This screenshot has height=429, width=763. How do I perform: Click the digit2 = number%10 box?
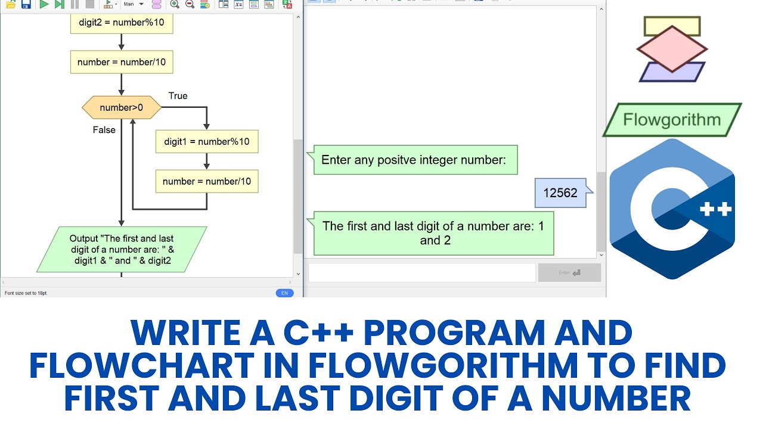click(x=121, y=23)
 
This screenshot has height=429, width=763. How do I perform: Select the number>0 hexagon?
click(x=122, y=108)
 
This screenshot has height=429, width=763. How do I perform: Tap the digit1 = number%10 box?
click(x=207, y=142)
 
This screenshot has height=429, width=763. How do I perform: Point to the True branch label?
click(x=178, y=96)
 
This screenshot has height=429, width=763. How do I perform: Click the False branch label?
click(x=104, y=130)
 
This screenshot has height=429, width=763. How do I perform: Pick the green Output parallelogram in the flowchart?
click(x=122, y=250)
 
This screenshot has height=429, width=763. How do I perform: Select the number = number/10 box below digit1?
click(x=207, y=181)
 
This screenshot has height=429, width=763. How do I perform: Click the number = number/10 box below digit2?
click(x=122, y=62)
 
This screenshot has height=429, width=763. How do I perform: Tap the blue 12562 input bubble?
click(x=560, y=193)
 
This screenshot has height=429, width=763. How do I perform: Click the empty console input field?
click(x=421, y=273)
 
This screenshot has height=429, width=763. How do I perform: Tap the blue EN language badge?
click(x=284, y=293)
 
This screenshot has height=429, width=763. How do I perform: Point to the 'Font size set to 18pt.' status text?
click(x=26, y=293)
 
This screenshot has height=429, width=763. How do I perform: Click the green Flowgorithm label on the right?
click(x=672, y=120)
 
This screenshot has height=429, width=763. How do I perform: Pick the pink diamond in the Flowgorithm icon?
click(x=672, y=49)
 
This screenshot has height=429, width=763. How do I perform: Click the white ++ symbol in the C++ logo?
click(x=715, y=209)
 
